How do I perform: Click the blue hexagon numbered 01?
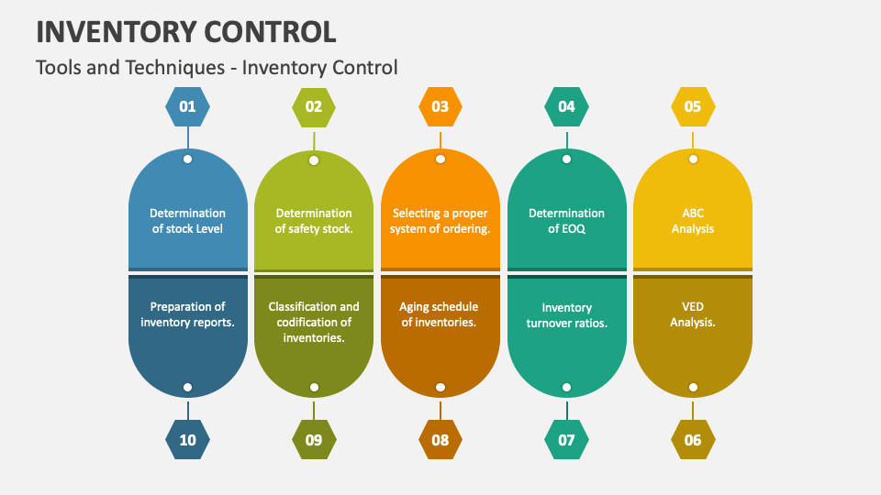pos(187,106)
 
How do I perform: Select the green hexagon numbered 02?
pos(314,106)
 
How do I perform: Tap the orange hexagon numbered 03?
pos(440,106)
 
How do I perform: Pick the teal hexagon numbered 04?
pos(566,106)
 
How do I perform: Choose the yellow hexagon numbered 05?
pos(693,106)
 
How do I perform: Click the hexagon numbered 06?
pos(693,440)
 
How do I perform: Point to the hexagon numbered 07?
pos(566,440)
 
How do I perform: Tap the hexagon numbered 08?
pos(440,440)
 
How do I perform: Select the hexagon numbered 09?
pos(314,440)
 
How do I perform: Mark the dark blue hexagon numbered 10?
pos(187,440)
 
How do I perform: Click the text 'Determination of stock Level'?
pos(187,221)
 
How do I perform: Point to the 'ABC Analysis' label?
pos(693,221)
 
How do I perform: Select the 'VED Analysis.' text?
pos(693,314)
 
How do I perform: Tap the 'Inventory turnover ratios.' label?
pos(566,314)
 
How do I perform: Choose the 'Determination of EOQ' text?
pos(566,221)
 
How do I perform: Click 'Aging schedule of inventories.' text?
pos(440,314)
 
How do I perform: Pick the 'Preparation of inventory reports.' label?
pos(187,314)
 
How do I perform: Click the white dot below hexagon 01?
pos(187,159)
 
